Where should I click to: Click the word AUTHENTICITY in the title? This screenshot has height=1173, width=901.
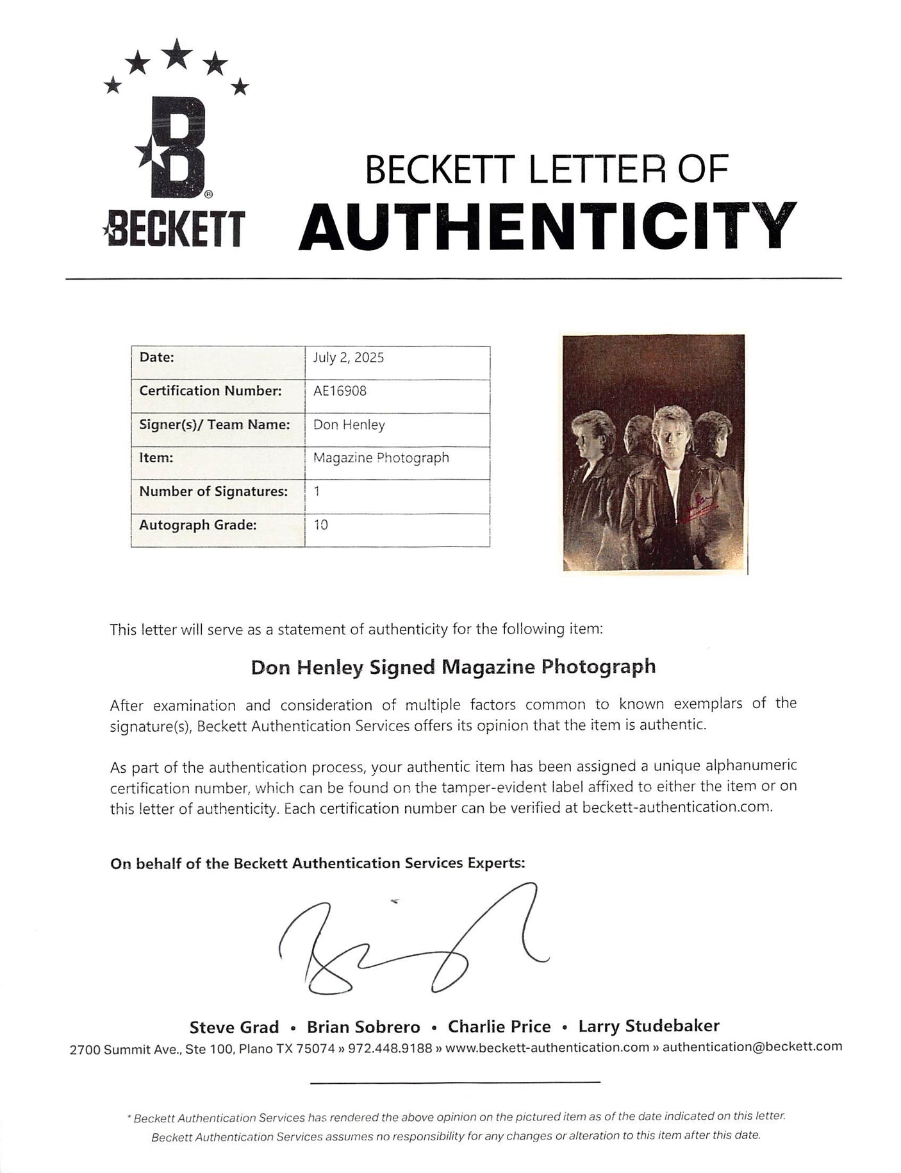click(547, 228)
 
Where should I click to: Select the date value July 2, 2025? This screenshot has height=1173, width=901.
click(348, 358)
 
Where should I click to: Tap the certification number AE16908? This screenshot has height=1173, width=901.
click(340, 391)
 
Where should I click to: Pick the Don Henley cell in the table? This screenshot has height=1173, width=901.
click(349, 425)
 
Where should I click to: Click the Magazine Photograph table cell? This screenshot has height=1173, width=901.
click(381, 458)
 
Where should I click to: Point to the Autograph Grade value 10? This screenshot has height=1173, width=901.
click(320, 525)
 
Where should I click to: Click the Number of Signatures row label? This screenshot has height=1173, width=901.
click(213, 491)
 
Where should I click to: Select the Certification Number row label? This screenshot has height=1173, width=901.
click(210, 391)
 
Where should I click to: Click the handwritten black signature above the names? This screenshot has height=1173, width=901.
click(410, 946)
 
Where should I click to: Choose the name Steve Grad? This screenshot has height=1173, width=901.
click(234, 1027)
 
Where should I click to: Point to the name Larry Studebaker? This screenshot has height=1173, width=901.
click(649, 1026)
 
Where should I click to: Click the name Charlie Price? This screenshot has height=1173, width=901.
click(499, 1027)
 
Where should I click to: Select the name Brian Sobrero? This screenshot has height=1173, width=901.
click(363, 1027)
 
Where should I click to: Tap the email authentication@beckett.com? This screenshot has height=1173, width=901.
click(752, 1047)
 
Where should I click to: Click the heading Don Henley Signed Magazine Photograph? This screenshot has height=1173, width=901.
click(453, 667)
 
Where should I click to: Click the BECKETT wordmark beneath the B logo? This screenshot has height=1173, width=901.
click(173, 230)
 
